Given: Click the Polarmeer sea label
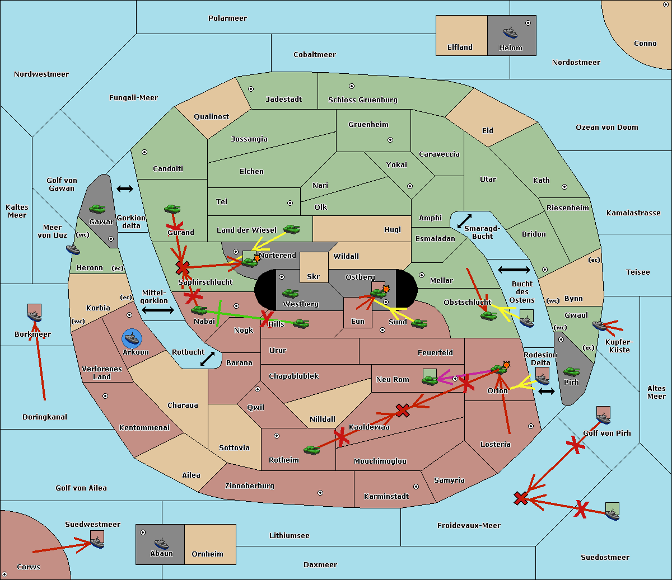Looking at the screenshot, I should click(x=227, y=18).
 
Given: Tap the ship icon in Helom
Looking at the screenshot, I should click(x=510, y=32).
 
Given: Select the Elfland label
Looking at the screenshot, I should click(x=460, y=48).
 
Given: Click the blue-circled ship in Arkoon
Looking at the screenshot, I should click(x=132, y=338).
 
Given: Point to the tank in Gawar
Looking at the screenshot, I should click(x=97, y=209).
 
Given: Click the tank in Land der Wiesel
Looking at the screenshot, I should click(x=291, y=229).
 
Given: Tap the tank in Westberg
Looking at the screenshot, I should click(x=290, y=293).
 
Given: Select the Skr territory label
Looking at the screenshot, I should click(x=314, y=276).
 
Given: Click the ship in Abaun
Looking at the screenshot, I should click(x=161, y=543).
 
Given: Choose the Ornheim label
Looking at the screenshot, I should click(x=207, y=554).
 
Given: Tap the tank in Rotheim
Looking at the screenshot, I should click(x=311, y=449).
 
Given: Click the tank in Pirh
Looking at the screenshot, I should click(x=571, y=371).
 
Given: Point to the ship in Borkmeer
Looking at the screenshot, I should click(x=35, y=316).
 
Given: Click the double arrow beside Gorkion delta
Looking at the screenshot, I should click(x=125, y=189).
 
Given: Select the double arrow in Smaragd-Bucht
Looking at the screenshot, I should click(x=465, y=221).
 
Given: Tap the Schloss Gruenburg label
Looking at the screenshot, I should click(x=362, y=100).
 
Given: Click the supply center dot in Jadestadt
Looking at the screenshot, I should click(x=251, y=88).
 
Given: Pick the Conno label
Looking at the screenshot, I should click(x=645, y=44).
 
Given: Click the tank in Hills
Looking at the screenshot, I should click(x=301, y=323).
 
